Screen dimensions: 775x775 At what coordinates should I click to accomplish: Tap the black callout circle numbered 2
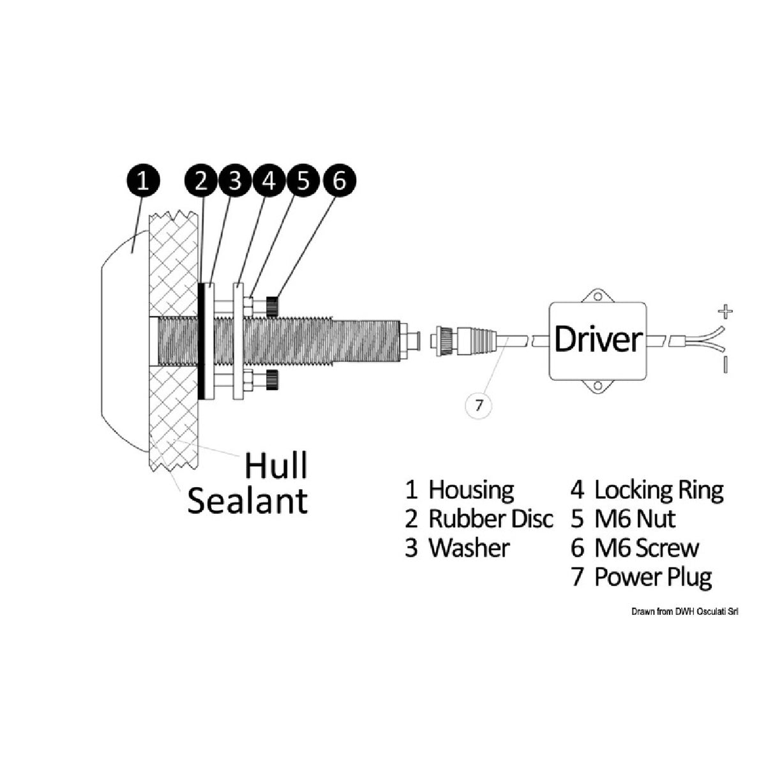tap(201, 182)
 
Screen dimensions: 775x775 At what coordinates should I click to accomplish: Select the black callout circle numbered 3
tap(235, 182)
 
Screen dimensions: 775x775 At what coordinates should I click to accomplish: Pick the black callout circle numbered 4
tap(269, 182)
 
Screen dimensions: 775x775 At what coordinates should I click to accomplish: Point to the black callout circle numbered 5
tap(304, 182)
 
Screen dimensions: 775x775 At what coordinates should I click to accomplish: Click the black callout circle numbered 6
tap(339, 182)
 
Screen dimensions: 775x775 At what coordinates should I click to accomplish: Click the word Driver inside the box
tap(597, 340)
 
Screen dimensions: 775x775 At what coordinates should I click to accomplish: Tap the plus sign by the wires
tap(725, 312)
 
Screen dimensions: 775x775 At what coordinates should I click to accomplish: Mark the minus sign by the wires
tap(726, 365)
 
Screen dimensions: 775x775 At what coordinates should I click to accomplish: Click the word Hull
tap(276, 465)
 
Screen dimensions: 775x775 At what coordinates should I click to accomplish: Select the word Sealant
tap(247, 500)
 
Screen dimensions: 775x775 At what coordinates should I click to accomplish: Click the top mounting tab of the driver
tap(598, 296)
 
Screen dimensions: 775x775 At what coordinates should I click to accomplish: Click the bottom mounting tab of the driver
tap(598, 386)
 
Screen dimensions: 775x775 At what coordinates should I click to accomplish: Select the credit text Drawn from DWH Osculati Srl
tap(684, 612)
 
